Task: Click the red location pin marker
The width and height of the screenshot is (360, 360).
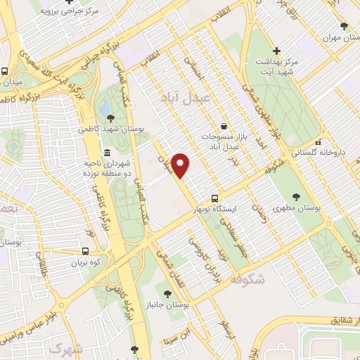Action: (x=181, y=165)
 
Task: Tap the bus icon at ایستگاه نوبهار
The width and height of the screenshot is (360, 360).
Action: (x=215, y=199)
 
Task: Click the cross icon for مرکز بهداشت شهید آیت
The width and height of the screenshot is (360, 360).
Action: (x=277, y=51)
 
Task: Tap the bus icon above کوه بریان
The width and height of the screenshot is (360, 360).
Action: (x=85, y=251)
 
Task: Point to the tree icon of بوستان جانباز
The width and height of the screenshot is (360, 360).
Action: (x=167, y=293)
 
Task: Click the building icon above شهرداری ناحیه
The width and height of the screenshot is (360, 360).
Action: (x=107, y=153)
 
